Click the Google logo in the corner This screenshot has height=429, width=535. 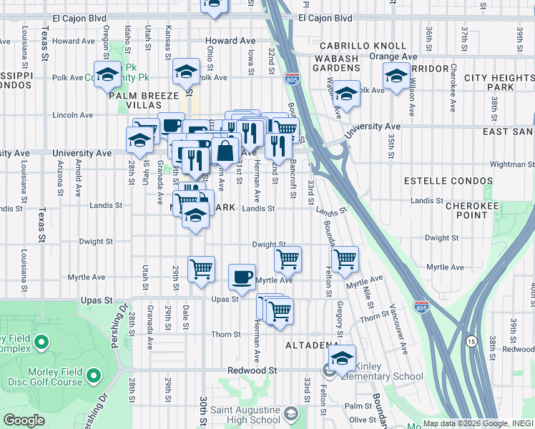(24, 420)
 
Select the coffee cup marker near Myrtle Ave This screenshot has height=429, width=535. (242, 277)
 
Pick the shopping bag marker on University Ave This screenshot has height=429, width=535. (225, 151)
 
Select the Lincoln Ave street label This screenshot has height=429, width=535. (73, 115)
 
